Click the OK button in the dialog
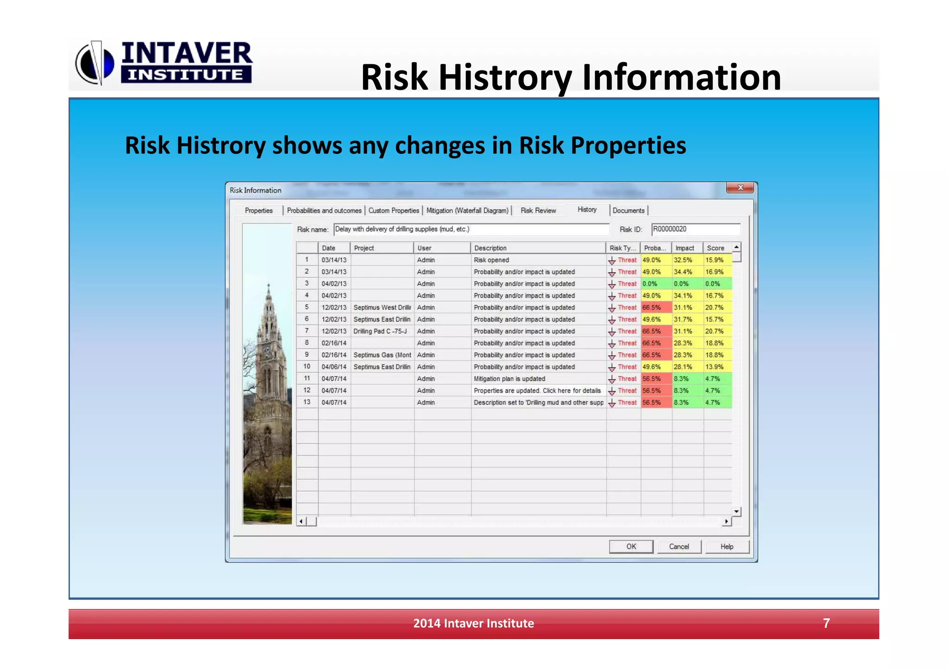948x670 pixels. (631, 546)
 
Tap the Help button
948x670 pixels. (726, 546)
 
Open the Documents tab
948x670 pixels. (628, 211)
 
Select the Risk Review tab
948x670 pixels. (538, 211)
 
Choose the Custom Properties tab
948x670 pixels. (393, 211)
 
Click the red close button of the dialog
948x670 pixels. (740, 188)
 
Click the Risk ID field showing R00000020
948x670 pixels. (695, 229)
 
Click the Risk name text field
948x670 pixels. (471, 229)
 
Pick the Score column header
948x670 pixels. (716, 248)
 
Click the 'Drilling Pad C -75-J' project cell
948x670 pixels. (381, 332)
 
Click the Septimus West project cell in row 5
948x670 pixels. (382, 307)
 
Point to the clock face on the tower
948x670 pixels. (267, 350)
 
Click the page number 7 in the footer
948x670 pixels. (826, 623)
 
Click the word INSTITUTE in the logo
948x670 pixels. (186, 75)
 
